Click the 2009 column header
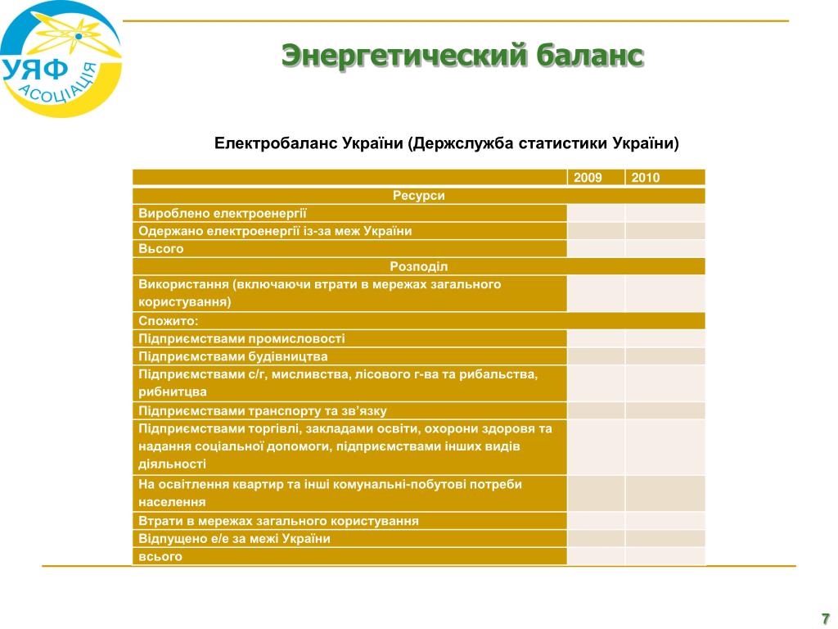click(588, 178)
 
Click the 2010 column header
click(645, 178)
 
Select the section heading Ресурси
click(418, 196)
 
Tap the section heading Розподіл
click(418, 266)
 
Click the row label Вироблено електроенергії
click(223, 214)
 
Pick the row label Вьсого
click(161, 249)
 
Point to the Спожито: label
click(169, 321)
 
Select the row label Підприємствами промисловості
click(241, 338)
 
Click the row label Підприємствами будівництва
click(233, 356)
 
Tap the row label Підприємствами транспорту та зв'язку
click(263, 411)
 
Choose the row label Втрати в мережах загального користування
click(278, 521)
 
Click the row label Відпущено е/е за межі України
click(234, 539)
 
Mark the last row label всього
click(160, 556)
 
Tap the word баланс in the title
click(589, 55)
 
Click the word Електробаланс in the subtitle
click(276, 143)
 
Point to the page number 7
click(825, 618)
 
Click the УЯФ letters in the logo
click(35, 70)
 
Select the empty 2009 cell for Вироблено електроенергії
click(596, 214)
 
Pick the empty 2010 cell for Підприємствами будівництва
click(665, 356)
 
